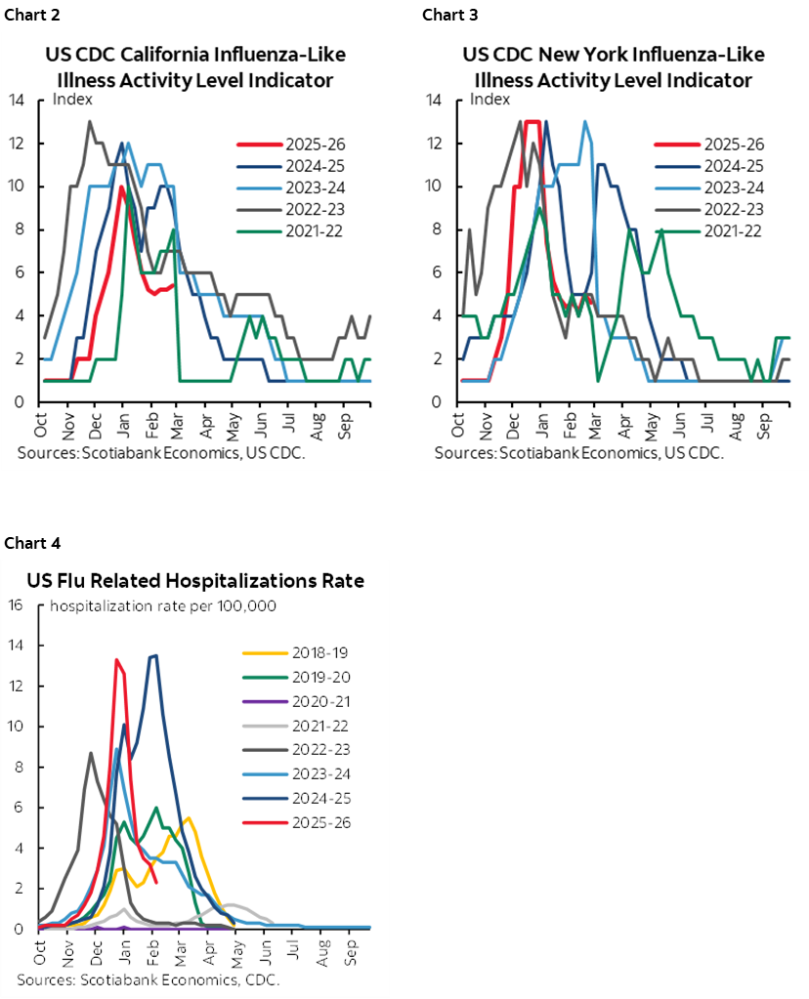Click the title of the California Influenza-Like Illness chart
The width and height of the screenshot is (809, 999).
coord(195,66)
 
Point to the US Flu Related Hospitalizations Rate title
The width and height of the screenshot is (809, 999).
coord(195,581)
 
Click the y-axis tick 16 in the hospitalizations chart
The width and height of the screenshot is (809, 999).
coord(15,604)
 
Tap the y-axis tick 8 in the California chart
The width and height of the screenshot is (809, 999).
coord(19,230)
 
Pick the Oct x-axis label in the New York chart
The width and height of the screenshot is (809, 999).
coord(459,425)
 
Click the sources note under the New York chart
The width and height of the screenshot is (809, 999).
coord(578,453)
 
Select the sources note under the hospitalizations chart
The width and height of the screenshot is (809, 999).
coord(148,979)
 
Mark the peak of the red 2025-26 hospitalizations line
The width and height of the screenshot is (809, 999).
coord(117,660)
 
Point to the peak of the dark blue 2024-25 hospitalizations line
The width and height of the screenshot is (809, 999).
coord(155,655)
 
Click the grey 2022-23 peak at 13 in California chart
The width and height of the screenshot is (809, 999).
coord(90,122)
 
